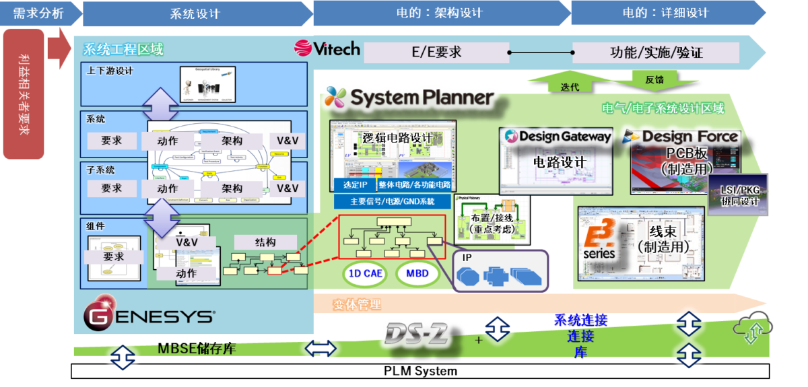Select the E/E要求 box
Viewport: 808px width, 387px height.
[436, 52]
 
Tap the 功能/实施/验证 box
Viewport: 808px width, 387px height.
[656, 52]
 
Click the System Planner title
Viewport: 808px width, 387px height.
[409, 98]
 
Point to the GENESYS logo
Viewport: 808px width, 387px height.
[149, 316]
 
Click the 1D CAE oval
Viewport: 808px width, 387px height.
[364, 273]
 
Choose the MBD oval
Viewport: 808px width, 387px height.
[417, 273]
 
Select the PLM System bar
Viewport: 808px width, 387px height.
[420, 371]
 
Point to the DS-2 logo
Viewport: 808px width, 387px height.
[417, 332]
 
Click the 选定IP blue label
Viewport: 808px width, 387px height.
[354, 185]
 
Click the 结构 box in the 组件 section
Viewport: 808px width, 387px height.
[265, 242]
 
